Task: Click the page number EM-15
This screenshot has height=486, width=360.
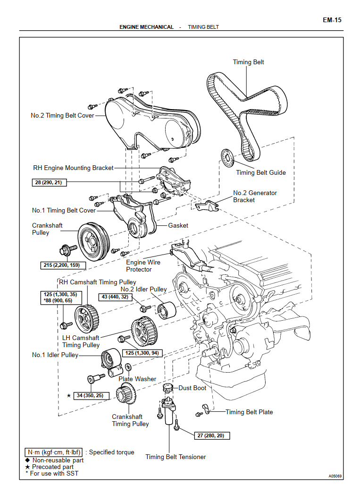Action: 332,20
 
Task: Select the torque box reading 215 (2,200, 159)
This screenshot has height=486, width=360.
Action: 61,265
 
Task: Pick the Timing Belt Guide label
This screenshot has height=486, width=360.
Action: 261,172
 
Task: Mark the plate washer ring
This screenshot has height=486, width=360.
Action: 127,368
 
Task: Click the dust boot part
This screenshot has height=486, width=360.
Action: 167,389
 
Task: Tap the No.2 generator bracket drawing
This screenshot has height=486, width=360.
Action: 206,206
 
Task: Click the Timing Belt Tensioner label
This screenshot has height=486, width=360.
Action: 176,457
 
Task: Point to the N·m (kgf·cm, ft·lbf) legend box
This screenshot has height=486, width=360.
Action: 54,452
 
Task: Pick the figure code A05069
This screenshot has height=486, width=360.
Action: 335,476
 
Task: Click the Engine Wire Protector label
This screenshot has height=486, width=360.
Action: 143,266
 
